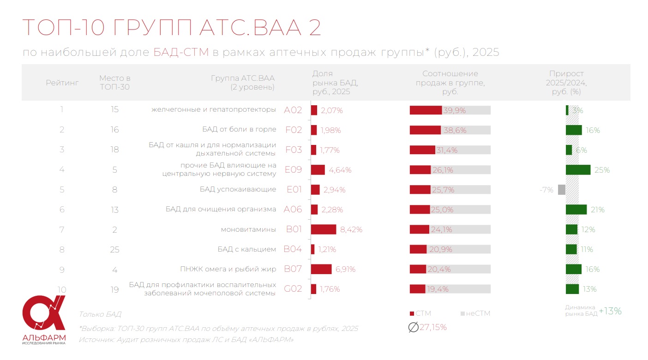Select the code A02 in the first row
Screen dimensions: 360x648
point(293,110)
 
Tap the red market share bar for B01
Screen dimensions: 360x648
point(323,229)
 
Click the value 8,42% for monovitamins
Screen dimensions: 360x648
point(351,229)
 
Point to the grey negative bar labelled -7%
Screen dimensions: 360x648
point(561,190)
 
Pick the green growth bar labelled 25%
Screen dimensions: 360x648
point(578,170)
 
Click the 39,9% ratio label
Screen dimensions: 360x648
point(455,110)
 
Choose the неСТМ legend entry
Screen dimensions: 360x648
point(477,313)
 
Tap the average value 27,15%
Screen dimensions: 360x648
point(432,327)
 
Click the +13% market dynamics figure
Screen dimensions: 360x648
point(610,311)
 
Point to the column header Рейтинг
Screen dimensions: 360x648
point(62,83)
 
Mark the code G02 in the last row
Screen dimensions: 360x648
point(293,289)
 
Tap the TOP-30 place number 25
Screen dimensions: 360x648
point(114,250)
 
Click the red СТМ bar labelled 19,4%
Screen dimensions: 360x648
point(417,289)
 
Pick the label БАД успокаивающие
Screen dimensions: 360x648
point(238,189)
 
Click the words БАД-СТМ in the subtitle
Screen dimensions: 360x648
point(181,52)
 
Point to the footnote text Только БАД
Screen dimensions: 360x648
point(100,314)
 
